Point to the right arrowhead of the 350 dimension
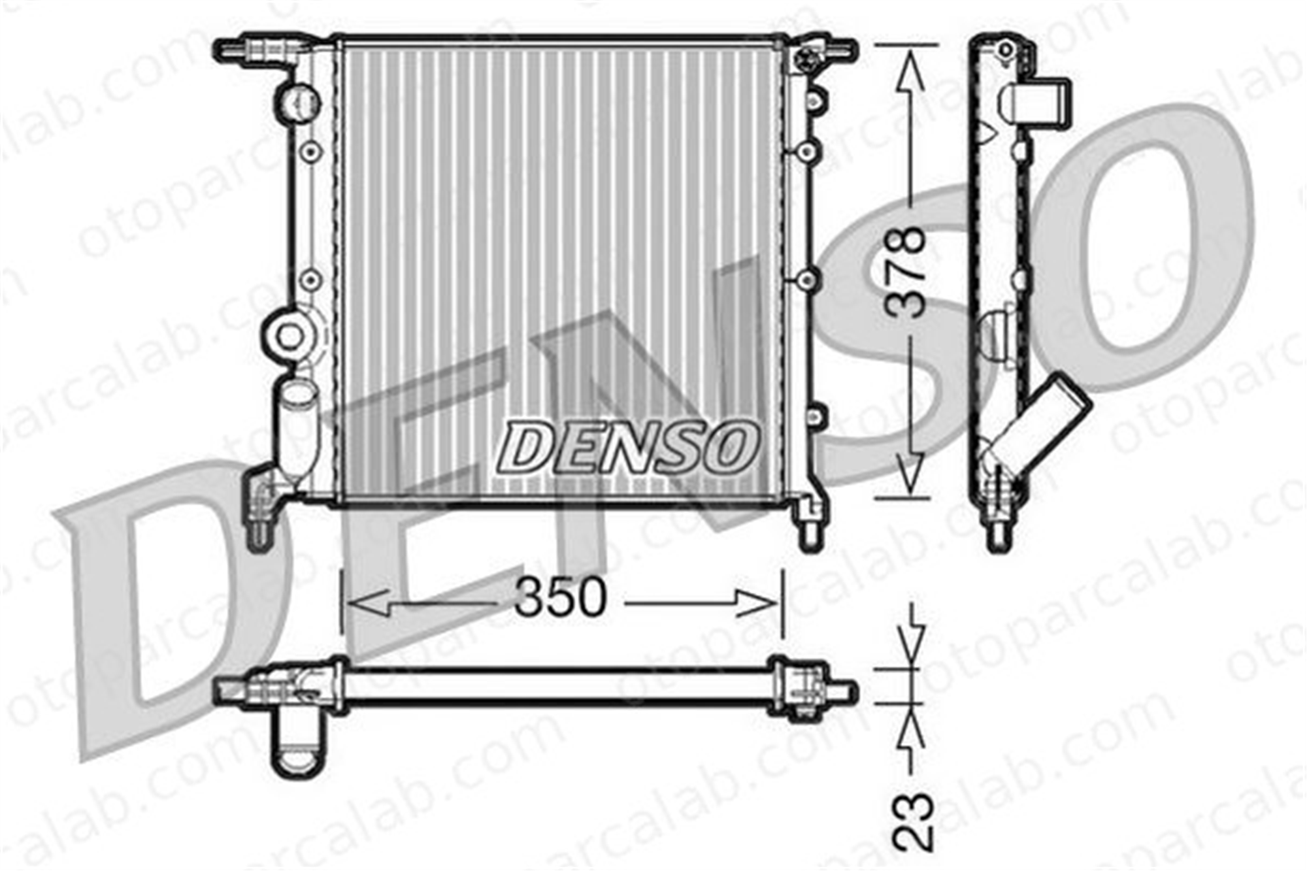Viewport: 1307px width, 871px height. tap(755, 603)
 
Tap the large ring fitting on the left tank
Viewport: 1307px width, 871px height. tap(288, 336)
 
